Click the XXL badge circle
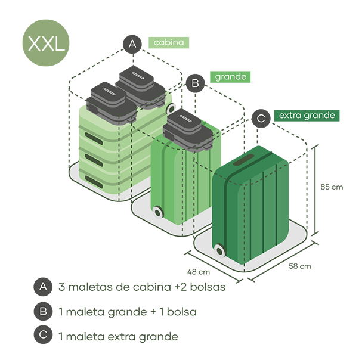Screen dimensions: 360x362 (45, 44)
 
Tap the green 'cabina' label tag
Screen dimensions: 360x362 (169, 42)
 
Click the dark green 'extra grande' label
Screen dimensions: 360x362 (307, 115)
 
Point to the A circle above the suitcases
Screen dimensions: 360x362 (132, 44)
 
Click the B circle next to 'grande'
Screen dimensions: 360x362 (194, 83)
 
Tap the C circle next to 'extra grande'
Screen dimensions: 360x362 (261, 117)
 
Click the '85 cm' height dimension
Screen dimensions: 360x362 (332, 187)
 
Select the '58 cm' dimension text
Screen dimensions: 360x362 (299, 266)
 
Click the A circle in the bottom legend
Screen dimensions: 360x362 (42, 287)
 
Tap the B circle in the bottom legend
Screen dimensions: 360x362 (42, 311)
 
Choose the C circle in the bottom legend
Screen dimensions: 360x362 (42, 336)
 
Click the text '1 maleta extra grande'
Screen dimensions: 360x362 (118, 336)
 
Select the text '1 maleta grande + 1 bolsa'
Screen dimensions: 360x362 (128, 312)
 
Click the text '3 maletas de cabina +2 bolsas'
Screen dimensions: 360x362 (142, 287)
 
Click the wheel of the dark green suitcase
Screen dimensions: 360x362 (219, 250)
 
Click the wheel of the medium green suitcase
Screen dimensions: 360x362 (158, 212)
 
